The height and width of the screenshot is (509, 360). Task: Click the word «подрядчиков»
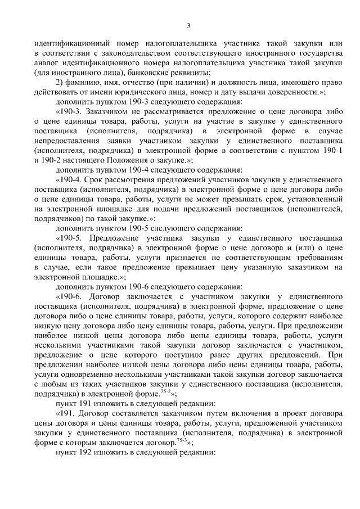pos(57,218)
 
